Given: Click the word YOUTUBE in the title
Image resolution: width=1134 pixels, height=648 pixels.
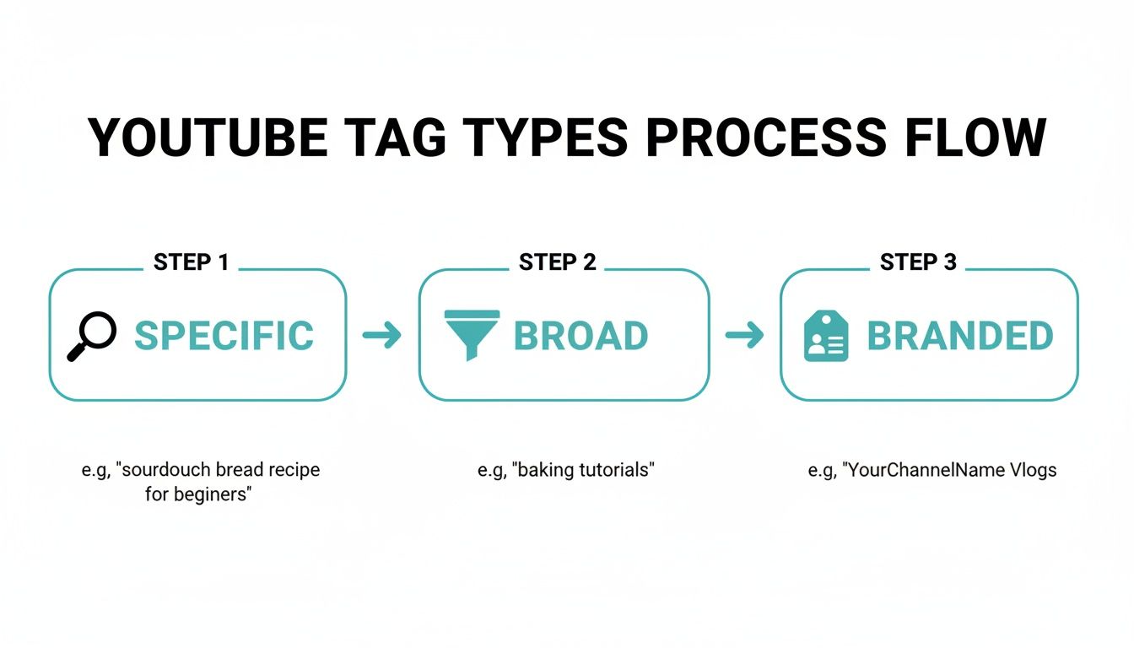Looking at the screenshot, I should [208, 138].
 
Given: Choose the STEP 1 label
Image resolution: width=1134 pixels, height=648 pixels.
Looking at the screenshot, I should [191, 262].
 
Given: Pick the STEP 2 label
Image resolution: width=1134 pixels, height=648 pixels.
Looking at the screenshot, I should [557, 262].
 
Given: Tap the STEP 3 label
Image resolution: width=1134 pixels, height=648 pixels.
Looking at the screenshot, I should [918, 262].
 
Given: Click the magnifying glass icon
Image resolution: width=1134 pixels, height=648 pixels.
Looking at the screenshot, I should [91, 336].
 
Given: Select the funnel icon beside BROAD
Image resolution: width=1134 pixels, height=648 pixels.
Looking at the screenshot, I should [472, 335].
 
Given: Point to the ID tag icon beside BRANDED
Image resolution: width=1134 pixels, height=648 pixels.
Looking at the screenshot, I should [826, 336].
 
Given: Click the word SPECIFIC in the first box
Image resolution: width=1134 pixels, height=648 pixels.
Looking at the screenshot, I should [224, 336].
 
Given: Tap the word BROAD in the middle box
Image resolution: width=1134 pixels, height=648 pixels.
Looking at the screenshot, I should [580, 336].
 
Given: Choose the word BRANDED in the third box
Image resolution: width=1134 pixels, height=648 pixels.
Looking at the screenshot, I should [960, 336].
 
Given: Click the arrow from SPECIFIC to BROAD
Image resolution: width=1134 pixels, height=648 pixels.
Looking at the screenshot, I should [381, 336].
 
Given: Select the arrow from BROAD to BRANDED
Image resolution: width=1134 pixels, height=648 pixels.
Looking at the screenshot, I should [744, 336].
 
